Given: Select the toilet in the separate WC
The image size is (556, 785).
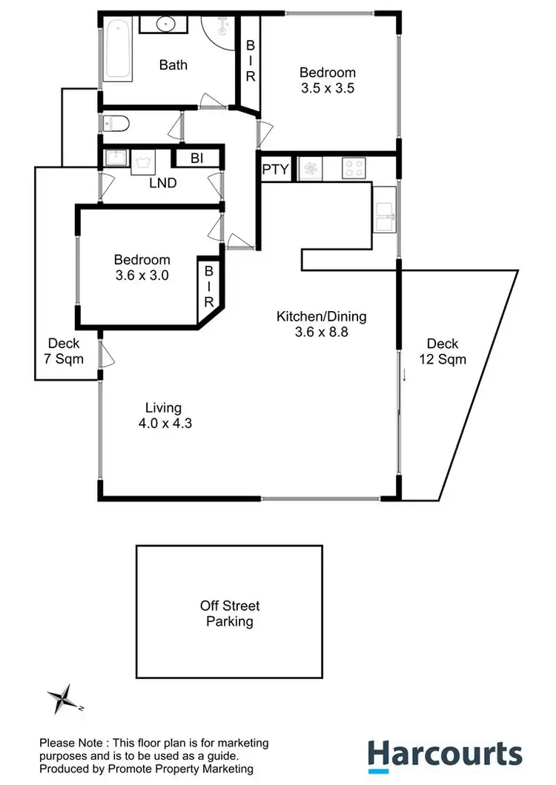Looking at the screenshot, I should pyautogui.click(x=118, y=123).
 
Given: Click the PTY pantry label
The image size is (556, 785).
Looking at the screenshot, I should pyautogui.click(x=275, y=170).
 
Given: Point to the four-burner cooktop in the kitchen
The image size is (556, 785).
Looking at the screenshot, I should pyautogui.click(x=354, y=169).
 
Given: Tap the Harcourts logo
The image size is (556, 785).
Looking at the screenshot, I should pyautogui.click(x=445, y=755).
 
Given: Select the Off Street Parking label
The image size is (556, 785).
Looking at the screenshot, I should pyautogui.click(x=229, y=613).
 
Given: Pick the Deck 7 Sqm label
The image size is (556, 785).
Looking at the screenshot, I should pyautogui.click(x=63, y=351).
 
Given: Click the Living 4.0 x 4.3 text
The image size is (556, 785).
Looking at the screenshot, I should pyautogui.click(x=162, y=415).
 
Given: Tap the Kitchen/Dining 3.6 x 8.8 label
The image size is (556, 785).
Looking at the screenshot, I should pyautogui.click(x=321, y=324).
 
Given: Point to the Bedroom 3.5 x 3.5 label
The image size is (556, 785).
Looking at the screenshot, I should pyautogui.click(x=327, y=80).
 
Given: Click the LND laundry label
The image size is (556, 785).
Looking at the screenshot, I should pyautogui.click(x=162, y=182).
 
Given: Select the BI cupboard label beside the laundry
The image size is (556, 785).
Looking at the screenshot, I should pyautogui.click(x=196, y=158).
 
